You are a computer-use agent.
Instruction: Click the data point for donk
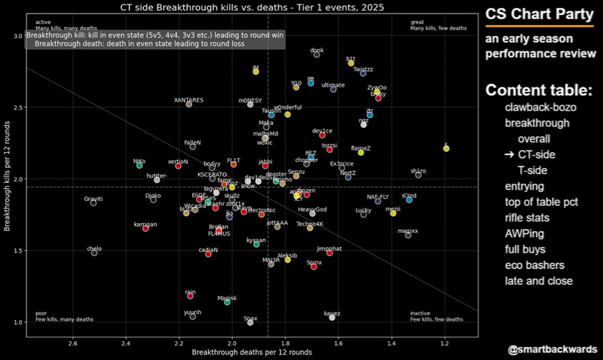pyautogui.click(x=317, y=55)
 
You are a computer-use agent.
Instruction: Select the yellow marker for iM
pyautogui.click(x=256, y=72)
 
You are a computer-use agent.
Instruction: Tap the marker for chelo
pyautogui.click(x=94, y=253)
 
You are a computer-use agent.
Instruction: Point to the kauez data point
pyautogui.click(x=332, y=318)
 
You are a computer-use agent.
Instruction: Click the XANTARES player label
pyautogui.click(x=188, y=99)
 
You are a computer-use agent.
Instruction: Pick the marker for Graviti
pyautogui.click(x=93, y=203)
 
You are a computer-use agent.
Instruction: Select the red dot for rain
pyautogui.click(x=191, y=296)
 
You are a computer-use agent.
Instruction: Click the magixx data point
pyautogui.click(x=408, y=235)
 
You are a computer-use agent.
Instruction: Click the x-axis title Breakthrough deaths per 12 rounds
pyautogui.click(x=252, y=352)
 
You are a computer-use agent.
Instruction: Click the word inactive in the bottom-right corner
pyautogui.click(x=421, y=313)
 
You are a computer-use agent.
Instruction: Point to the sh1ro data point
pyautogui.click(x=418, y=175)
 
